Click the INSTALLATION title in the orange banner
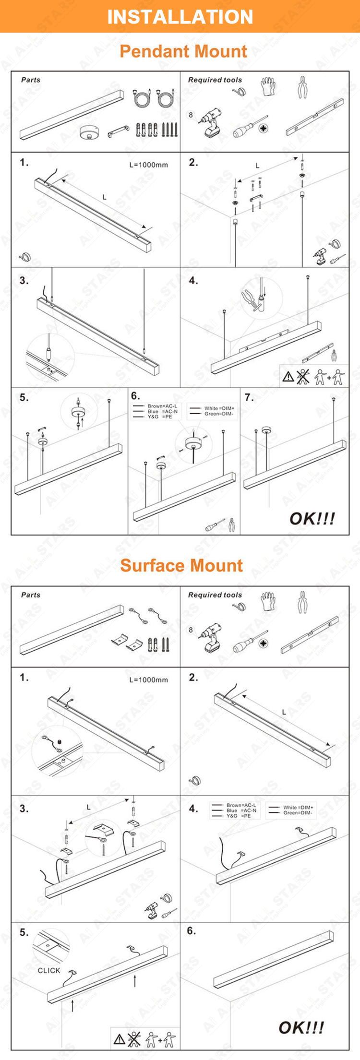[180, 17]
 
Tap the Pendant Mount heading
[183, 51]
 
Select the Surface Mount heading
[181, 565]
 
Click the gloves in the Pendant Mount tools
[269, 86]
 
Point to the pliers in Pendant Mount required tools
[302, 87]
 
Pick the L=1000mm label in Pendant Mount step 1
[149, 165]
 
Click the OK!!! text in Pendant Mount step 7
[312, 518]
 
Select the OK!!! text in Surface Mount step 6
[301, 1027]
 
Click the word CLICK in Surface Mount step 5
[49, 970]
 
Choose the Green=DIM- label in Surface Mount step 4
[298, 812]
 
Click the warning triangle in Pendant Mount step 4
[288, 377]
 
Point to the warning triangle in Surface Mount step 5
[119, 1040]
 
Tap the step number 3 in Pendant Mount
[24, 280]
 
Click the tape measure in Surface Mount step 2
[195, 781]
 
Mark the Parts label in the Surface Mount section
[31, 595]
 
